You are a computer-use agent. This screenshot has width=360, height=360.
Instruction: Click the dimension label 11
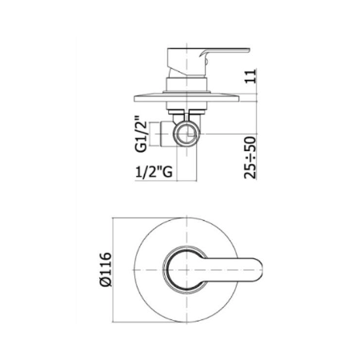250,76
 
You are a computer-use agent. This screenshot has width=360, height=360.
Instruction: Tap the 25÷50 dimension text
250,158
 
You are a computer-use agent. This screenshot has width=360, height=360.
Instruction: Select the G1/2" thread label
141,134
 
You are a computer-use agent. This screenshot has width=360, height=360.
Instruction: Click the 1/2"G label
154,172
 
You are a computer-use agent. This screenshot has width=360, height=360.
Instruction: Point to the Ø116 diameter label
106,270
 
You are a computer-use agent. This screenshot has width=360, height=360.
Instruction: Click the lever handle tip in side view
248,50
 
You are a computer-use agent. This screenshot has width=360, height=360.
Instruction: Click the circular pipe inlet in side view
186,134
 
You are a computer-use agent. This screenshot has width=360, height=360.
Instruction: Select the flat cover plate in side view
186,98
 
